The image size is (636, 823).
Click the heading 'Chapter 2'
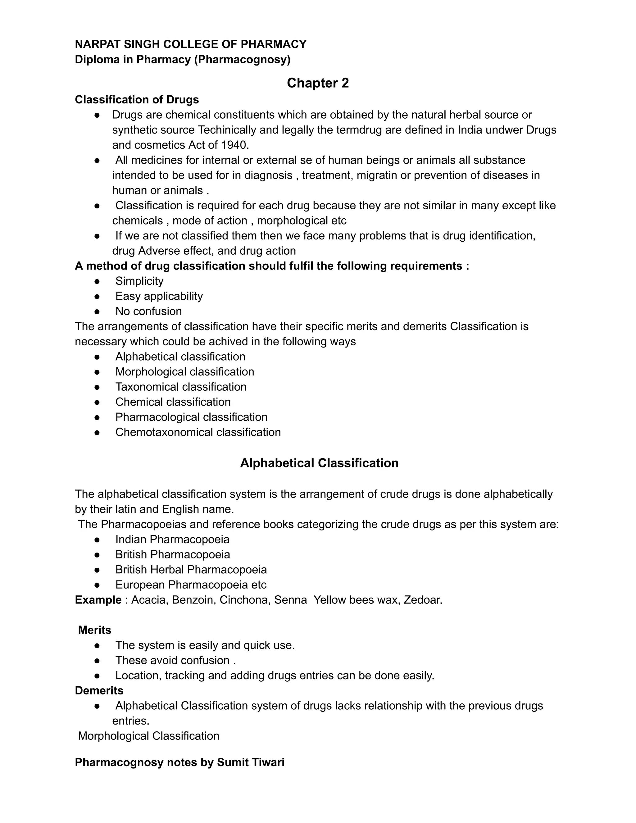[x=318, y=83]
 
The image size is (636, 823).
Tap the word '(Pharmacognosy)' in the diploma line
[x=242, y=60]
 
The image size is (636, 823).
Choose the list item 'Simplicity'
[x=139, y=281]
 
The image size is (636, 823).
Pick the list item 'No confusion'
[x=148, y=311]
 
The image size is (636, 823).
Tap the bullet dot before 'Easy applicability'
[x=97, y=296]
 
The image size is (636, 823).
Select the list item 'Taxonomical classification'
[x=181, y=387]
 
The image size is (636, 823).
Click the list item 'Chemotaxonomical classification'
[x=198, y=432]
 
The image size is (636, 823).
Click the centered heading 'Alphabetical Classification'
[x=319, y=463]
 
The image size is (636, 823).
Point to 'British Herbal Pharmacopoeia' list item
[x=191, y=570]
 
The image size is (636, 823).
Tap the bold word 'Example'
[x=98, y=600]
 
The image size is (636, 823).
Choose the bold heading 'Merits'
[x=95, y=630]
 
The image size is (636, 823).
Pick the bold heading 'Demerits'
[x=99, y=690]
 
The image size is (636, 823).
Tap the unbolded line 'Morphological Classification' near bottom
[x=148, y=736]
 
